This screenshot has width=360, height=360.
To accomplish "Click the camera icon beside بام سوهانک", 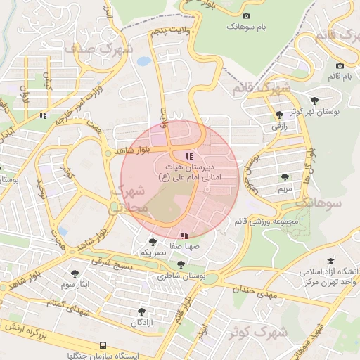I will click(246, 15).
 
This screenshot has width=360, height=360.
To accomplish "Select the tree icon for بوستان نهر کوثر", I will click(314, 101).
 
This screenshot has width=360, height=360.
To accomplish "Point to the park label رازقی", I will click(279, 126).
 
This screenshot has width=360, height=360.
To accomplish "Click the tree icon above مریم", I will click(285, 178).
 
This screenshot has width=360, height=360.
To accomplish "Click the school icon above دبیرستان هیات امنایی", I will click(188, 156).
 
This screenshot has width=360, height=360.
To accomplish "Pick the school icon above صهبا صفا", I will click(184, 236).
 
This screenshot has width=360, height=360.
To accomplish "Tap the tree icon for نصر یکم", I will click(153, 242).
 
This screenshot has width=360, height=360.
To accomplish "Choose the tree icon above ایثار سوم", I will click(75, 274).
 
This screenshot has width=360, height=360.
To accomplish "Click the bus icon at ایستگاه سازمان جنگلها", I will click(103, 346).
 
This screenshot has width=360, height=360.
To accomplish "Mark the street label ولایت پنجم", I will click(169, 31).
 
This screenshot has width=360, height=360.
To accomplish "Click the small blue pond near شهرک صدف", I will click(144, 61).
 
